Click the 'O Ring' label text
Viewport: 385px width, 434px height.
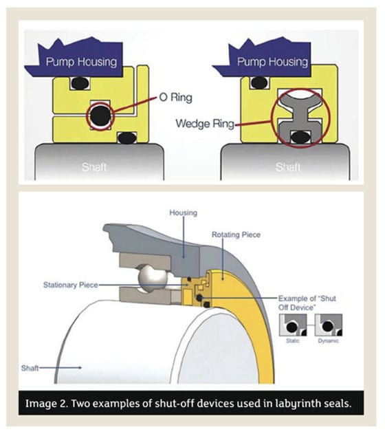(x=175, y=98)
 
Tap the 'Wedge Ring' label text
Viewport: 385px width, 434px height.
(x=205, y=123)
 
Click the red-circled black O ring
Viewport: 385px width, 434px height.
(x=100, y=116)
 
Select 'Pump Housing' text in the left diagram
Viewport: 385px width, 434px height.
(x=81, y=62)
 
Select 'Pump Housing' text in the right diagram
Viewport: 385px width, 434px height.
(x=272, y=62)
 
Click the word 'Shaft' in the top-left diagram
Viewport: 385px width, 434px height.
(x=94, y=167)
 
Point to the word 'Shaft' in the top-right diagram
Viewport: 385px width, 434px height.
(x=288, y=167)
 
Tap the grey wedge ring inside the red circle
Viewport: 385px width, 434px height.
(x=300, y=116)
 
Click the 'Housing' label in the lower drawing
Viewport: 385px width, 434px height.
(x=183, y=213)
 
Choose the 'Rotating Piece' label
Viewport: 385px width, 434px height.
(x=236, y=235)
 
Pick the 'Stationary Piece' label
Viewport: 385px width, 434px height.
(x=71, y=285)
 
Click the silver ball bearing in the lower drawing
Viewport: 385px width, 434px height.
(x=153, y=278)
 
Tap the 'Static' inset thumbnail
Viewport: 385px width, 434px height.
(x=293, y=325)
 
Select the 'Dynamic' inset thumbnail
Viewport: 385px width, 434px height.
(x=329, y=325)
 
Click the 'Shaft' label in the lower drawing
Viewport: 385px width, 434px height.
(x=30, y=368)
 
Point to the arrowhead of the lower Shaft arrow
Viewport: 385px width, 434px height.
(x=80, y=368)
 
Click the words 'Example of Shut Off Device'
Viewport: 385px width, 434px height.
(x=307, y=303)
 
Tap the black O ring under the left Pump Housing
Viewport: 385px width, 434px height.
(x=80, y=83)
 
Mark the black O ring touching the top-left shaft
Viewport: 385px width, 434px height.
(x=127, y=138)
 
